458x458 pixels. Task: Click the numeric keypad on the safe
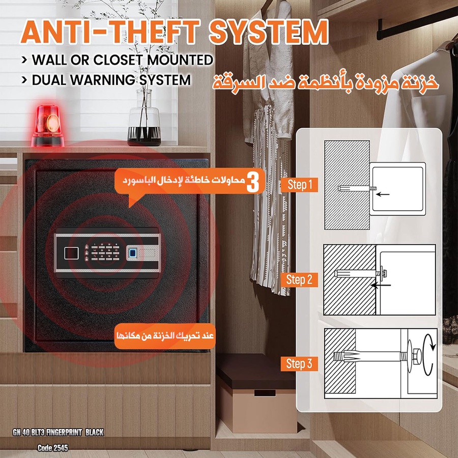pyautogui.click(x=105, y=252)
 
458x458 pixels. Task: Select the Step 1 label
pyautogui.click(x=299, y=185)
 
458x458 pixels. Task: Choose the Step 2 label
pyautogui.click(x=299, y=279)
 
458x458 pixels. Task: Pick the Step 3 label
pyautogui.click(x=299, y=364)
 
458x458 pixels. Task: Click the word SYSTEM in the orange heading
pyautogui.click(x=269, y=32)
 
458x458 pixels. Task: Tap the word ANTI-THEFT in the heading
pyautogui.click(x=110, y=32)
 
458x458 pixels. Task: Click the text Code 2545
pyautogui.click(x=53, y=448)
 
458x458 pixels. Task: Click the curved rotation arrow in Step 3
pyautogui.click(x=429, y=354)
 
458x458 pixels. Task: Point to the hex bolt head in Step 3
pyautogui.click(x=418, y=356)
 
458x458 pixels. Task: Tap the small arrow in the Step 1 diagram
pyautogui.click(x=383, y=194)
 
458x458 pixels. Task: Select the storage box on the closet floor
pyautogui.click(x=256, y=393)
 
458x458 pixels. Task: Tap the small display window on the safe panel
pyautogui.click(x=71, y=253)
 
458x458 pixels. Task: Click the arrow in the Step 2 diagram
pyautogui.click(x=381, y=285)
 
